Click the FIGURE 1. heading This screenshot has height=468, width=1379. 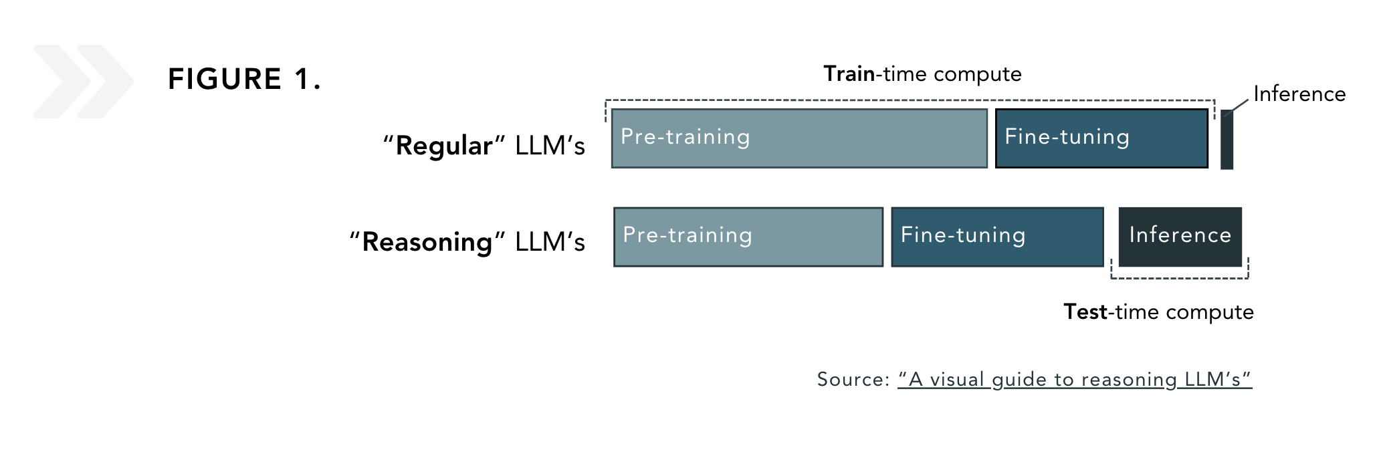click(244, 80)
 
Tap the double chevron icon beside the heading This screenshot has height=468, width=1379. click(83, 82)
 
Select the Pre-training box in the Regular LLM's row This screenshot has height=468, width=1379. click(799, 138)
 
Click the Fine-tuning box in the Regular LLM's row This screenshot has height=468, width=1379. click(1101, 138)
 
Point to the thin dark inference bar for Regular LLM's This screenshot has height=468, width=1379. click(1227, 140)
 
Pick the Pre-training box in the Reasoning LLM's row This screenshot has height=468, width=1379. click(748, 237)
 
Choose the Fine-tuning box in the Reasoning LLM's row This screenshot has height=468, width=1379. click(997, 237)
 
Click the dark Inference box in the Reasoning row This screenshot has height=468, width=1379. click(1180, 237)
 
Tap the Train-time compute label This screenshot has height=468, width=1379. click(922, 74)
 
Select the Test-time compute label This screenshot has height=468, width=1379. click(1158, 312)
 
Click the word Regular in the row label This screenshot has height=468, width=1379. click(444, 146)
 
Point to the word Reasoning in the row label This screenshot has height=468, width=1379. click(427, 242)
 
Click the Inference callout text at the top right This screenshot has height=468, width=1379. click(1299, 94)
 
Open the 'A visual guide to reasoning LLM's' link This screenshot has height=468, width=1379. click(1074, 380)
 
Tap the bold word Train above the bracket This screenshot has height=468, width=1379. click(849, 74)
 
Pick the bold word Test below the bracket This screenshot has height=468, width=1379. click(1085, 312)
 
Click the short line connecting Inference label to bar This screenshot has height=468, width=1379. click(1238, 106)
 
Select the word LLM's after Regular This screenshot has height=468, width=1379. click(550, 146)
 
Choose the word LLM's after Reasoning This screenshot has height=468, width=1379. click(550, 242)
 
